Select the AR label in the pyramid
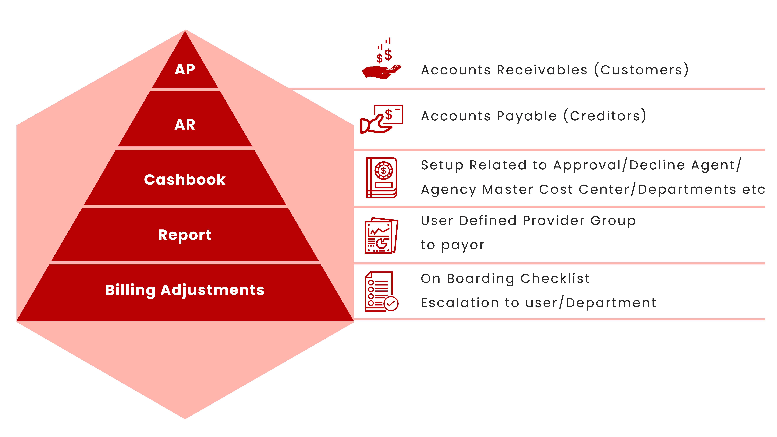(x=185, y=125)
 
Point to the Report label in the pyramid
(x=185, y=235)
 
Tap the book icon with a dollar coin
(x=382, y=178)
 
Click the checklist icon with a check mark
(x=382, y=291)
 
